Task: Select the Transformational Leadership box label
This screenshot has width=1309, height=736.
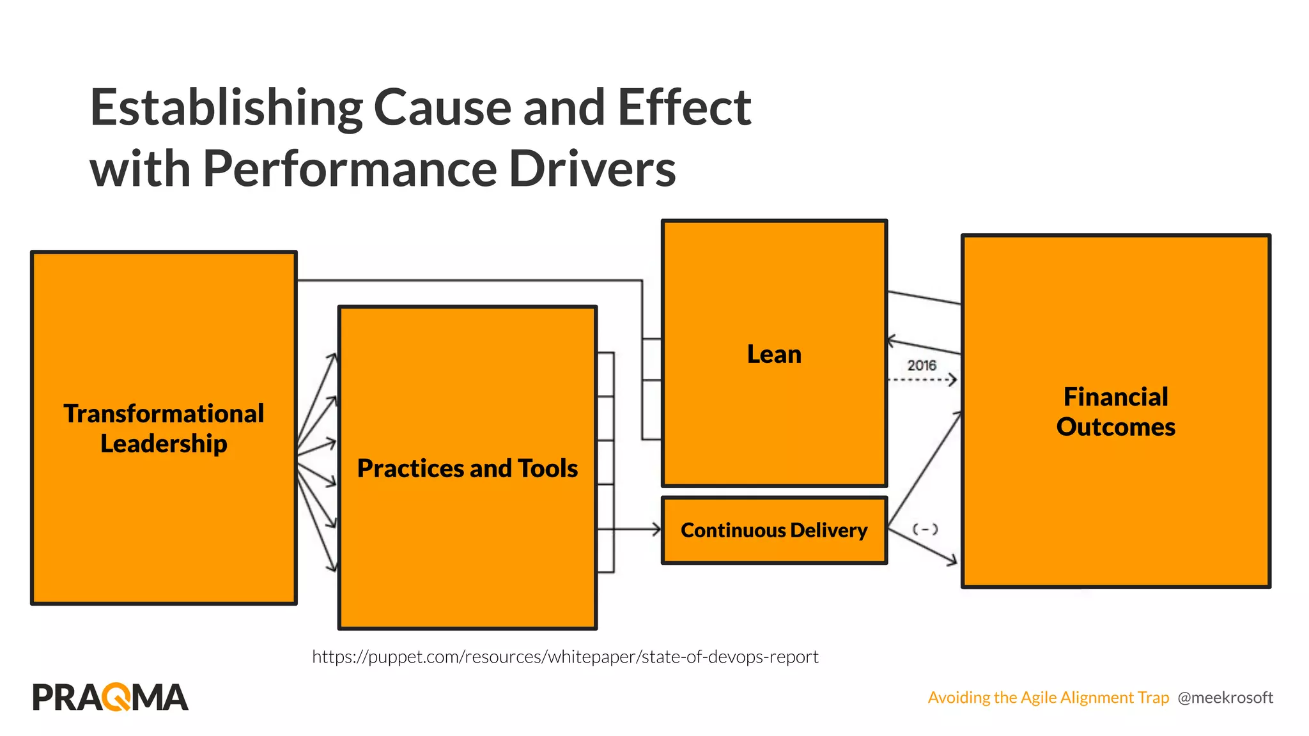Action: [x=164, y=428]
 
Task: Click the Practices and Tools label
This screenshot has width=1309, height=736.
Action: [x=467, y=468]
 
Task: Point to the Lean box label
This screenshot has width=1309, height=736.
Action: [x=774, y=354]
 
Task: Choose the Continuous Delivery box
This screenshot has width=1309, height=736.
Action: [x=774, y=530]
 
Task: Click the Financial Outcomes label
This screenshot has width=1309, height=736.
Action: [x=1115, y=411]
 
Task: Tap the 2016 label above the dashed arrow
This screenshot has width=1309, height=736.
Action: [x=921, y=365]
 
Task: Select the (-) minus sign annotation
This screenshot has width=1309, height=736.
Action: [x=925, y=529]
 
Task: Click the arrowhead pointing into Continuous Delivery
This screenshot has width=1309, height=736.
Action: [x=656, y=529]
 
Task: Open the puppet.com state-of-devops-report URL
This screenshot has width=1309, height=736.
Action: [x=565, y=657]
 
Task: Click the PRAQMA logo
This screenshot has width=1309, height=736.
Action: [x=110, y=697]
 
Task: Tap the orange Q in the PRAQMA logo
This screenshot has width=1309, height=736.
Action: [x=117, y=697]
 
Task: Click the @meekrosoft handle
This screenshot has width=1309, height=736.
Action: [x=1225, y=698]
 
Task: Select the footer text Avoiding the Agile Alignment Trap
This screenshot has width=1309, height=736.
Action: [x=1048, y=698]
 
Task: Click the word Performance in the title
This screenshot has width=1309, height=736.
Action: [x=350, y=169]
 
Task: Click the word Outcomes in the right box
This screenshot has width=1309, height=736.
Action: [x=1115, y=427]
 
